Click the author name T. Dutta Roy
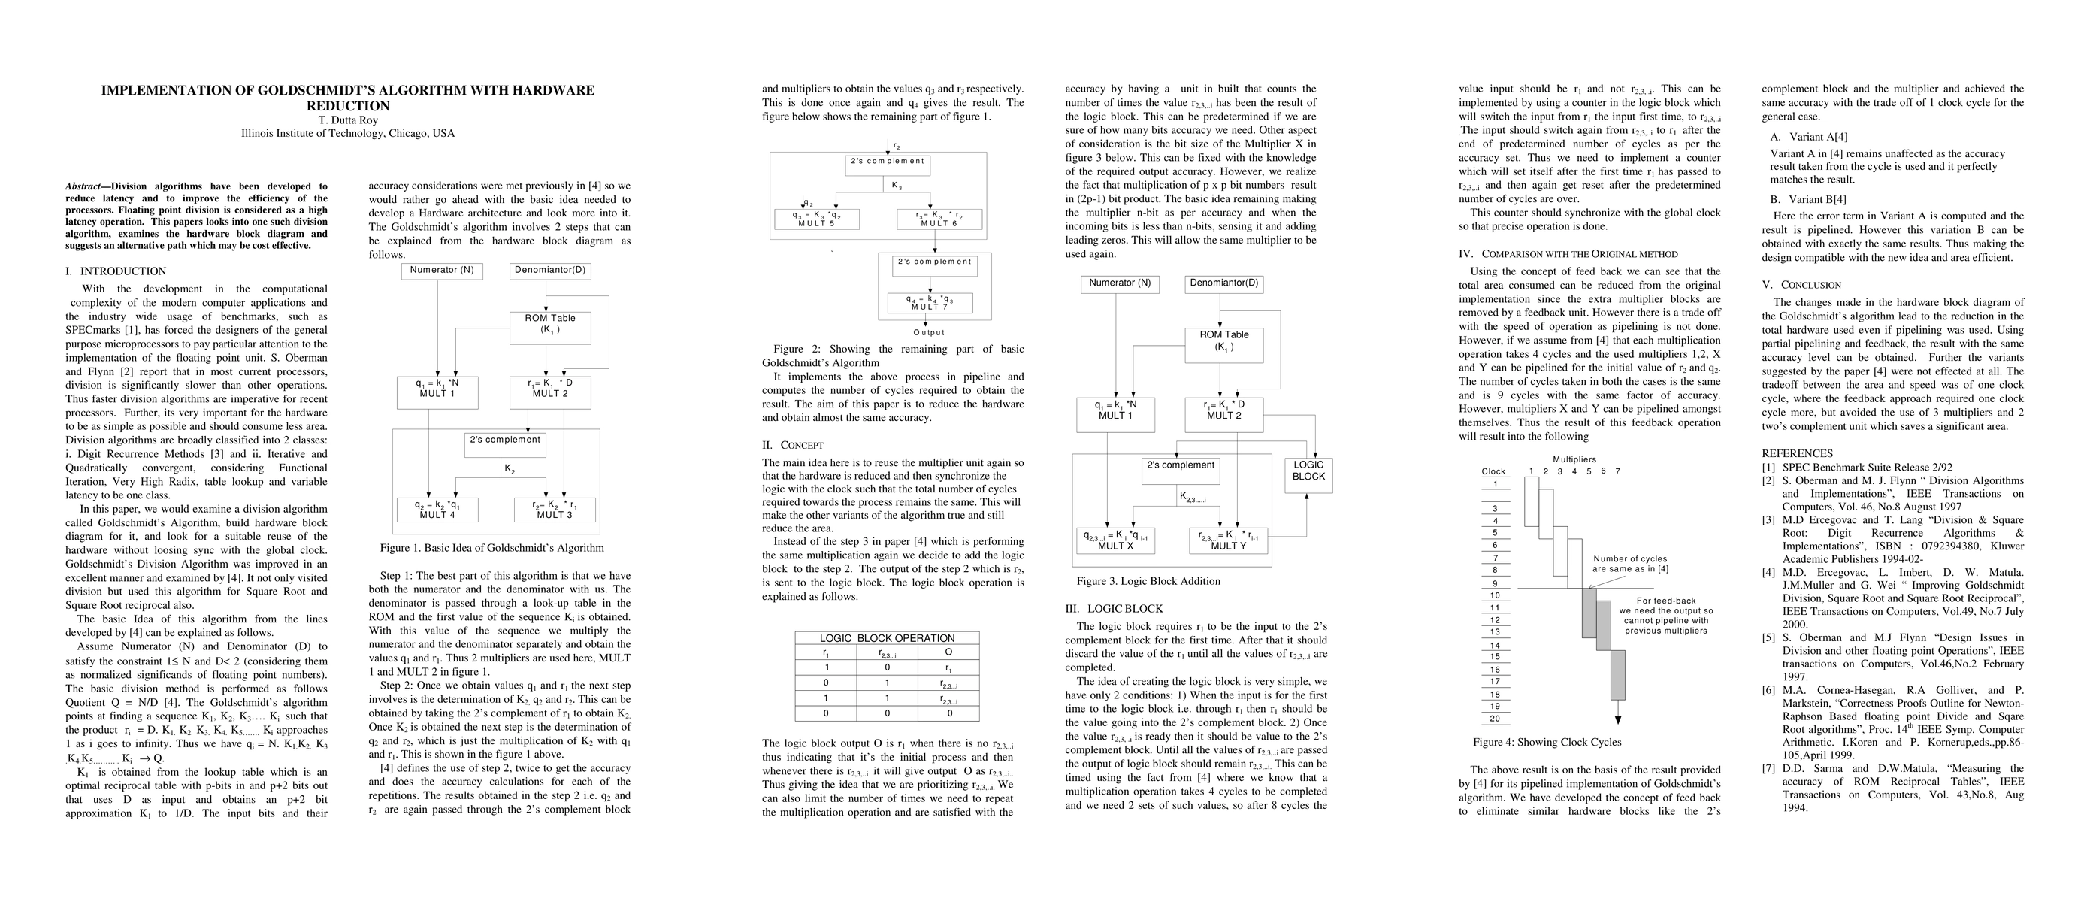pyautogui.click(x=347, y=120)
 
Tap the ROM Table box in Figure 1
pyautogui.click(x=550, y=327)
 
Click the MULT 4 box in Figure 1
pyautogui.click(x=437, y=510)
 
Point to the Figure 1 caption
pyautogui.click(x=491, y=548)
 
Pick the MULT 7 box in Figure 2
pyautogui.click(x=930, y=303)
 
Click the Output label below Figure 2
pyautogui.click(x=929, y=332)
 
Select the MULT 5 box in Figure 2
pyautogui.click(x=815, y=219)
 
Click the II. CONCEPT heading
pyautogui.click(x=793, y=445)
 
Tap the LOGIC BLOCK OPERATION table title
pyautogui.click(x=887, y=638)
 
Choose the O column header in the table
pyautogui.click(x=948, y=652)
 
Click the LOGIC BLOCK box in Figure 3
pyautogui.click(x=1308, y=471)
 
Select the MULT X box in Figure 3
pyautogui.click(x=1115, y=540)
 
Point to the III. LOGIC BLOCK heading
pyautogui.click(x=1113, y=609)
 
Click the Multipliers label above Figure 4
pyautogui.click(x=1574, y=460)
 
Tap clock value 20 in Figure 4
pyautogui.click(x=1495, y=719)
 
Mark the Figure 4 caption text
pyautogui.click(x=1547, y=742)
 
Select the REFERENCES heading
pyautogui.click(x=1797, y=453)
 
